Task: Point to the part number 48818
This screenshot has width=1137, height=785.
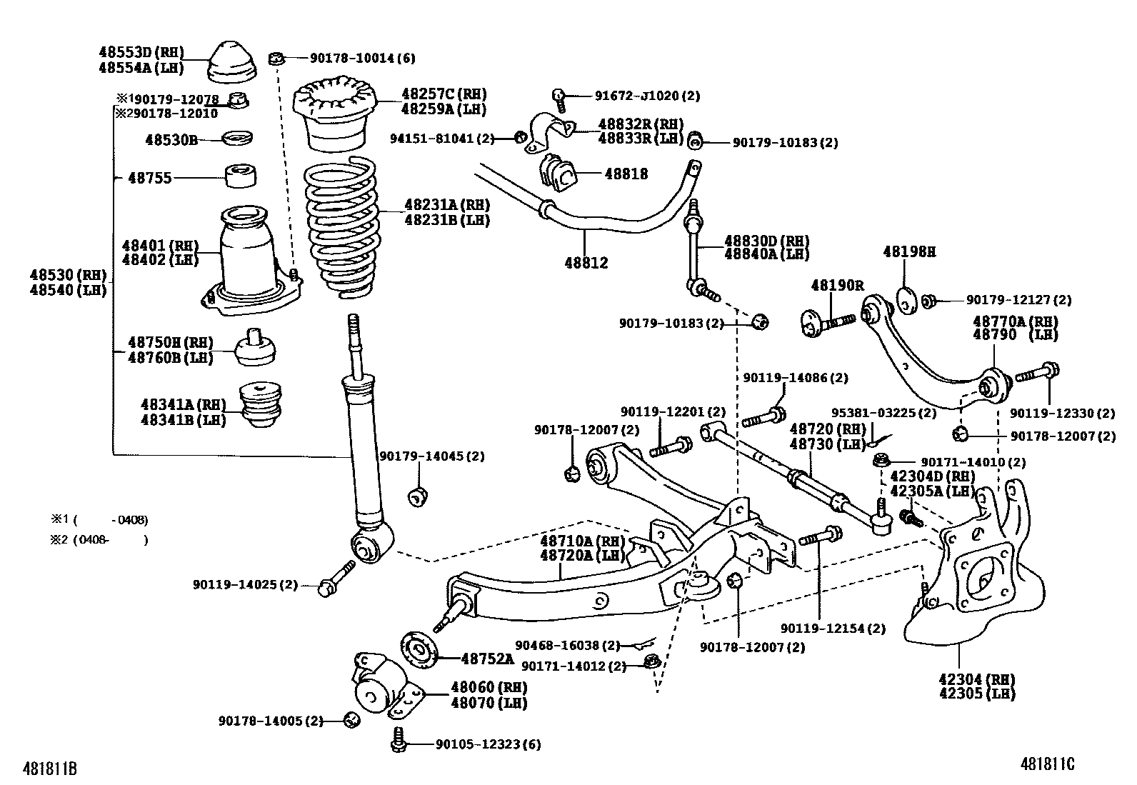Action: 626,174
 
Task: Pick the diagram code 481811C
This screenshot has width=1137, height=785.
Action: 1047,764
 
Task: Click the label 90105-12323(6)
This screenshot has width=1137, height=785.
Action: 488,744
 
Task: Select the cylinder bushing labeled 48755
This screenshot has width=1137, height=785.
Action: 241,176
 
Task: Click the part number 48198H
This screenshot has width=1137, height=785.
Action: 908,251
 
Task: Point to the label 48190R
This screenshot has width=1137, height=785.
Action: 837,285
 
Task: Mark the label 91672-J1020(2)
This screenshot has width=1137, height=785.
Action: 647,95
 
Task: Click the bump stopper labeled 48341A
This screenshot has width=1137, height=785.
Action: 260,406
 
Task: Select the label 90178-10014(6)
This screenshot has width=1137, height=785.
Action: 352,58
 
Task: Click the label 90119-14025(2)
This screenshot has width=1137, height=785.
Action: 244,584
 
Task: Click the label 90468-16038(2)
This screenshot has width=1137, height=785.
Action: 568,645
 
